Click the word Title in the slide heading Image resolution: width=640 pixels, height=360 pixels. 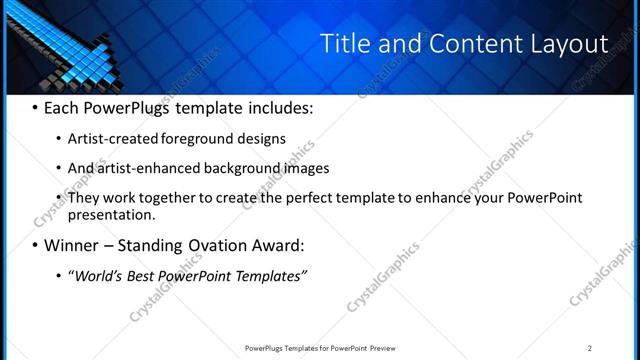[344, 45]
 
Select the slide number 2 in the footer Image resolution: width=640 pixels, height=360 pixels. [590, 348]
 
